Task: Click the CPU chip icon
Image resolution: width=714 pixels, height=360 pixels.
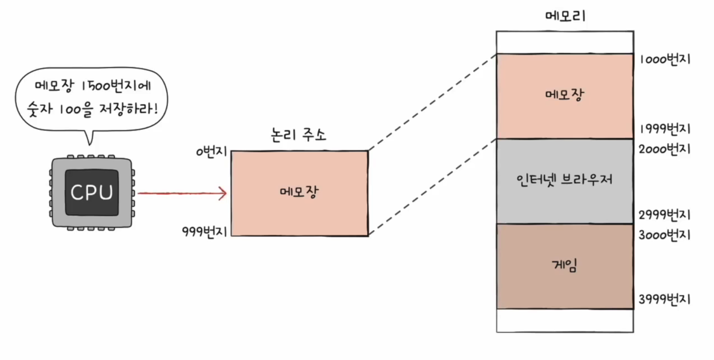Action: [x=92, y=193]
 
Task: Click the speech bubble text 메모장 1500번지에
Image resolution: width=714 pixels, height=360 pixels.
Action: [x=93, y=86]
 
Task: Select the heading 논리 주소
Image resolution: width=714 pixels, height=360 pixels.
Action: [x=298, y=134]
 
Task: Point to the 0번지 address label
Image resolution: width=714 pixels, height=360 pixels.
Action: [x=212, y=152]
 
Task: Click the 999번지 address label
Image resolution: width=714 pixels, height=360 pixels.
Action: [x=204, y=231]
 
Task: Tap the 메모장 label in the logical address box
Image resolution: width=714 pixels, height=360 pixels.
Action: [x=299, y=192]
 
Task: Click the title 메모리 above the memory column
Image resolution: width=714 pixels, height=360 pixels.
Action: [x=565, y=16]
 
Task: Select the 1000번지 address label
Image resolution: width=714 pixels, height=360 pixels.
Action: [x=665, y=59]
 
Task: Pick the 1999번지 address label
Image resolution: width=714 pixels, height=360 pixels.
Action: [x=665, y=129]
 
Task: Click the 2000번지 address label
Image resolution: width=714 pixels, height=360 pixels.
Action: [x=665, y=149]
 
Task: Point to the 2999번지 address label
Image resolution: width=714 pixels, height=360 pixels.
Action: [x=665, y=215]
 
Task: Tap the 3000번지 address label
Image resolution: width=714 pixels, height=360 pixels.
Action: [x=665, y=235]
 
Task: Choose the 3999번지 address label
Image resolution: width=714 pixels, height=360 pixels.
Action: [x=665, y=299]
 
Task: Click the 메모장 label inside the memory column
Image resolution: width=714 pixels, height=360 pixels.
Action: [x=565, y=94]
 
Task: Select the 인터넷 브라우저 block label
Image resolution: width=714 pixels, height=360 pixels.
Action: [x=565, y=180]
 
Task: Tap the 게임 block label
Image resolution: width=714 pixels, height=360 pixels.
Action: [x=565, y=265]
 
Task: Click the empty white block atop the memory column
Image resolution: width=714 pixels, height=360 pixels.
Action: [x=565, y=42]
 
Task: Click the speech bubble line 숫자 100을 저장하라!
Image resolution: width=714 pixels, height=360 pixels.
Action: [x=92, y=109]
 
